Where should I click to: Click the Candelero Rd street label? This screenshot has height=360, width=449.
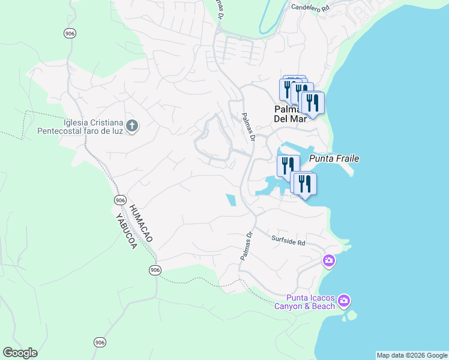pyautogui.click(x=310, y=8)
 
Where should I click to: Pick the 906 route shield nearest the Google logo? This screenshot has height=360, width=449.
pyautogui.click(x=100, y=342)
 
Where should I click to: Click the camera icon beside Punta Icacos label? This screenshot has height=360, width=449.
pyautogui.click(x=343, y=300)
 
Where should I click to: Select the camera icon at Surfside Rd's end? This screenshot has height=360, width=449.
pyautogui.click(x=328, y=260)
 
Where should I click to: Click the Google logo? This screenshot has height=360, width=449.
pyautogui.click(x=20, y=353)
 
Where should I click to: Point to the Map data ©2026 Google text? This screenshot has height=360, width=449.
pyautogui.click(x=412, y=355)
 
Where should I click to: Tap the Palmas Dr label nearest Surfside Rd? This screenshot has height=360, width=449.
pyautogui.click(x=247, y=246)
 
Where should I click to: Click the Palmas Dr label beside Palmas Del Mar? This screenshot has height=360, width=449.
pyautogui.click(x=249, y=127)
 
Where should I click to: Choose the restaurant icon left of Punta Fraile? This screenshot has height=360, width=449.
pyautogui.click(x=288, y=165)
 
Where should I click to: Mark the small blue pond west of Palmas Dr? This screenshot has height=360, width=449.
pyautogui.click(x=231, y=200)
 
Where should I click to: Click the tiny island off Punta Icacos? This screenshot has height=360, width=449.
pyautogui.click(x=352, y=314)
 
